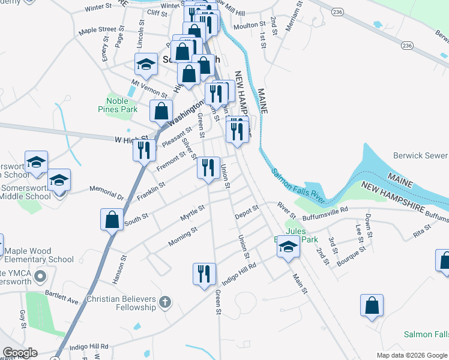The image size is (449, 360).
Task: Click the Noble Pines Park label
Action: pos(118,105)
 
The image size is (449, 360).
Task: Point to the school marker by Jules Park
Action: pos(288,247)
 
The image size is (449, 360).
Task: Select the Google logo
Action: pos(20,353)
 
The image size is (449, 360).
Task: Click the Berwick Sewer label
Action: pos(420,155)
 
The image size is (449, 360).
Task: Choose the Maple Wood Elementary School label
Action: pos(39,255)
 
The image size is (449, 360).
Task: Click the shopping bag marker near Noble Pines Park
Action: pos(161,111)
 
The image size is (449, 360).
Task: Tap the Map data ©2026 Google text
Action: pos(411,355)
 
